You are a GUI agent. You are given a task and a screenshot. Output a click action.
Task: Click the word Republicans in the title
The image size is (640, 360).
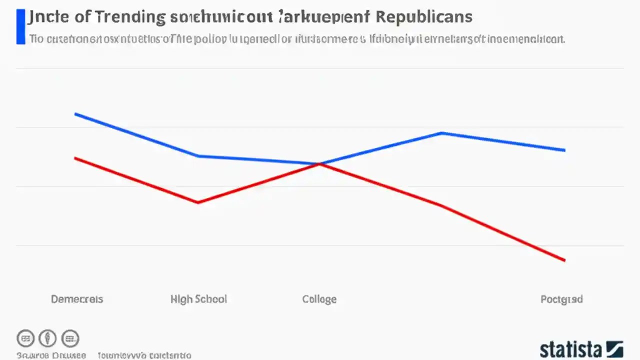pyautogui.click(x=423, y=16)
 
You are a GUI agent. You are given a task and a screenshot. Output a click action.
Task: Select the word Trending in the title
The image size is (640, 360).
pyautogui.click(x=130, y=16)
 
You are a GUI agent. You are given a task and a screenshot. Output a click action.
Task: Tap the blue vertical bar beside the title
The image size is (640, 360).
pyautogui.click(x=20, y=26)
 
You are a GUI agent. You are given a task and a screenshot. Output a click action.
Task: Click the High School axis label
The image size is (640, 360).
pyautogui.click(x=198, y=299)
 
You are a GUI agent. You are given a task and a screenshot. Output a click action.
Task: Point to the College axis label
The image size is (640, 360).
pyautogui.click(x=319, y=299)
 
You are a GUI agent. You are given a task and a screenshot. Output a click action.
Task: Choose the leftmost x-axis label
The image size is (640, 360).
pyautogui.click(x=77, y=299)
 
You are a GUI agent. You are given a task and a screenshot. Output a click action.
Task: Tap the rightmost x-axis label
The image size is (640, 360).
pyautogui.click(x=561, y=299)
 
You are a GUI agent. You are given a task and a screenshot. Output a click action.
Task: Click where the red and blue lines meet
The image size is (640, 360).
pyautogui.click(x=319, y=163)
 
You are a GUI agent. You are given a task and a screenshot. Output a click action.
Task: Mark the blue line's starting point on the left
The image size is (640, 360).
pyautogui.click(x=75, y=114)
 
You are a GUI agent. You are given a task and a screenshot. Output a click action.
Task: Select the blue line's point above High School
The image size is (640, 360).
pyautogui.click(x=198, y=156)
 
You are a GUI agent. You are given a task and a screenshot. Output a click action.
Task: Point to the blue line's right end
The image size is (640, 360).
pyautogui.click(x=564, y=150)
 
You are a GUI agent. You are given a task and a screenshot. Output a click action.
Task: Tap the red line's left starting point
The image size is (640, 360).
pyautogui.click(x=75, y=158)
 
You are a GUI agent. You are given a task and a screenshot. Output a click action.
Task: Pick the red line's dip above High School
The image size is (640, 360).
pyautogui.click(x=198, y=202)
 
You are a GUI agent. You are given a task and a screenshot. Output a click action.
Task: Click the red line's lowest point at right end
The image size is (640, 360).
pyautogui.click(x=564, y=260)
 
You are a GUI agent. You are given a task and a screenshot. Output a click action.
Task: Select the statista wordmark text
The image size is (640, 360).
pyautogui.click(x=570, y=349)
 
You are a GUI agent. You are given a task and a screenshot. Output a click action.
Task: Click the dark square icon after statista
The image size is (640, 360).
pyautogui.click(x=614, y=349)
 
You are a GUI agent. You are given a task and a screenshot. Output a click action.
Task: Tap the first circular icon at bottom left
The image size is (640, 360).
pyautogui.click(x=26, y=338)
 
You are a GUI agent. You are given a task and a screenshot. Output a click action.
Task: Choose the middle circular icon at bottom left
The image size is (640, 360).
pyautogui.click(x=48, y=338)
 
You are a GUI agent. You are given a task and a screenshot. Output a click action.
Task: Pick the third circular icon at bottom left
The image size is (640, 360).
pyautogui.click(x=70, y=338)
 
